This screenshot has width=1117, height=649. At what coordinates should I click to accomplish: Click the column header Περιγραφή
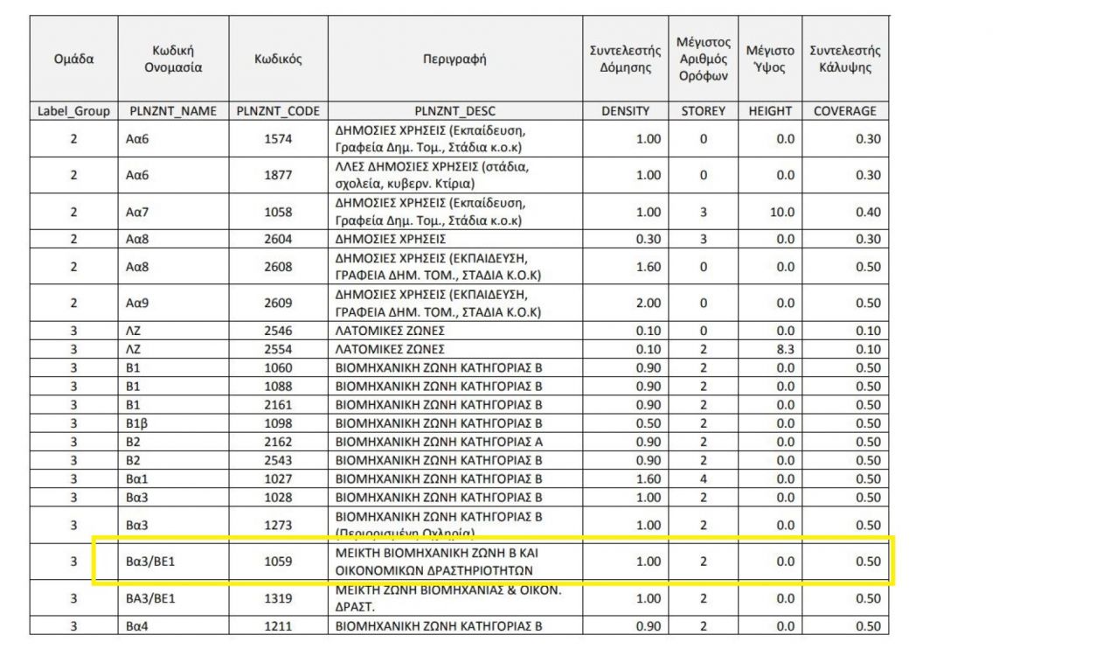pos(454,60)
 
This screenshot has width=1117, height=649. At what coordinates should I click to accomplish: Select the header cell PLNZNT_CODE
pos(278,111)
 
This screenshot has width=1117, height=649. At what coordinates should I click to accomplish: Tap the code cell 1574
pos(278,138)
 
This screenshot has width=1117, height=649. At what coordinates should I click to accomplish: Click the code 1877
pos(278,175)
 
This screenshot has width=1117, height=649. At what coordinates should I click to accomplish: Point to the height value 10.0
pos(774,212)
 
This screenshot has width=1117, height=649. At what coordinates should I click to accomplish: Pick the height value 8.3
pos(774,350)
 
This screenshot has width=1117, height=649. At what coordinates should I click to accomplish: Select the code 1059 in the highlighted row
pos(278,562)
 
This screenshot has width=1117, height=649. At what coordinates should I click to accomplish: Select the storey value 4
pos(703,478)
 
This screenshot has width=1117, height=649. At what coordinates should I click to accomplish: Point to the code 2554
pos(278,350)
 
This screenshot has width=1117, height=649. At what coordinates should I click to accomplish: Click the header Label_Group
pos(73,111)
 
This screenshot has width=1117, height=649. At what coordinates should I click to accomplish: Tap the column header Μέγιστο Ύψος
pos(770,60)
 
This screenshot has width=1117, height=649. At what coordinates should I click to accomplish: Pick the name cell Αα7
pos(138,212)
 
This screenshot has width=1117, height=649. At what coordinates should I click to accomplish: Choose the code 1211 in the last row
pos(278,626)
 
